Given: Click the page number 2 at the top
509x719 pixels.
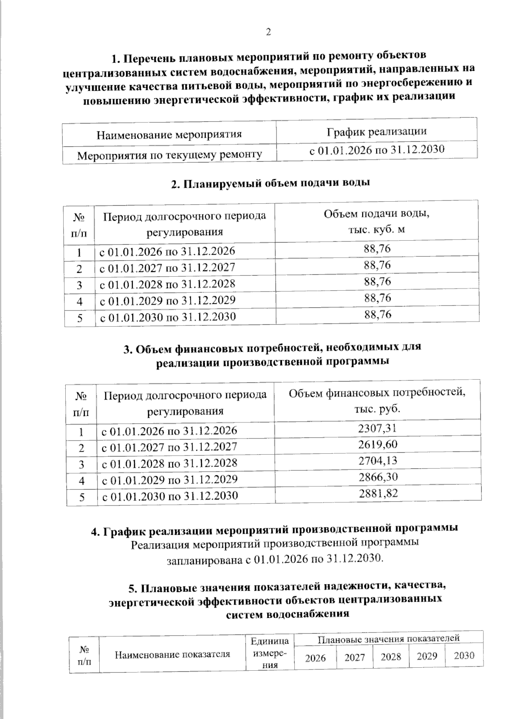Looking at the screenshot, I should pyautogui.click(x=268, y=32).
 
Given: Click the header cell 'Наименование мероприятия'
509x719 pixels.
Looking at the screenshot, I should pyautogui.click(x=169, y=135).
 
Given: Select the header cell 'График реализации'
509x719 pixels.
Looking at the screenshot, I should pyautogui.click(x=376, y=131).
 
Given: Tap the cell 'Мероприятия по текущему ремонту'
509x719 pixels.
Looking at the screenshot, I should pyautogui.click(x=169, y=155).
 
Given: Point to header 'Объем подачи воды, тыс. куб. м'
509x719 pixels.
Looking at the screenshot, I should pyautogui.click(x=376, y=221).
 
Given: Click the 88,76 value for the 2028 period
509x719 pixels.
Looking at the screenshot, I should pyautogui.click(x=377, y=282).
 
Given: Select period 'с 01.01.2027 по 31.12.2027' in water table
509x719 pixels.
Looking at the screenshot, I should pyautogui.click(x=167, y=268).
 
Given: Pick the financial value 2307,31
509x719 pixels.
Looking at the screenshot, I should pyautogui.click(x=377, y=428).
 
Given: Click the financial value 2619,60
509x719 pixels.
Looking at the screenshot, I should pyautogui.click(x=378, y=444).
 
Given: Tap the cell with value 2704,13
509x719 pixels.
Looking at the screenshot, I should pyautogui.click(x=378, y=461).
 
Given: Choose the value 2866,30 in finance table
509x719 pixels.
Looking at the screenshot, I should pyautogui.click(x=378, y=477).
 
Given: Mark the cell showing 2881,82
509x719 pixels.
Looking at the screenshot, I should pyautogui.click(x=378, y=493).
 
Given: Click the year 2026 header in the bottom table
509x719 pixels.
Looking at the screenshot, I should pyautogui.click(x=316, y=658).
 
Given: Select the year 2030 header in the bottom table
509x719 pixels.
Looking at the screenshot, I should pyautogui.click(x=464, y=655).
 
